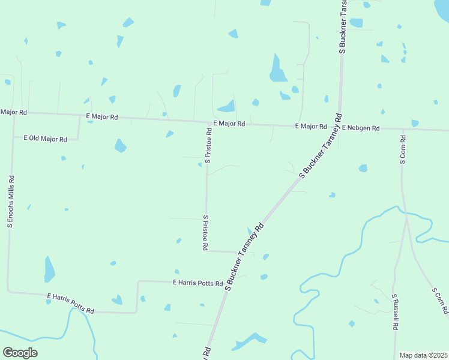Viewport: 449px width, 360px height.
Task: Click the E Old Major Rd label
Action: [45, 139]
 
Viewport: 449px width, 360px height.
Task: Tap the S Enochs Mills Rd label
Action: [10, 202]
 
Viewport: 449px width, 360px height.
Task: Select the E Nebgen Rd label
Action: [361, 128]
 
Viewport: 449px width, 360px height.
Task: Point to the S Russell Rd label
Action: [395, 312]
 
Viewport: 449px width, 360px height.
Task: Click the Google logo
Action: [20, 353]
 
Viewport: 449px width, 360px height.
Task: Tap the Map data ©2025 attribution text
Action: [423, 355]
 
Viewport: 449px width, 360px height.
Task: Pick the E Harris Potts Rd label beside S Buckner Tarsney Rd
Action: [197, 283]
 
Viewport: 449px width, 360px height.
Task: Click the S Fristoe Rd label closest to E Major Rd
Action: [208, 146]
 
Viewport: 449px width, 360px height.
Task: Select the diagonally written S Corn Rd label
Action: [440, 301]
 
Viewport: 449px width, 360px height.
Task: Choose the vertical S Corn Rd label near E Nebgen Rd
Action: [403, 149]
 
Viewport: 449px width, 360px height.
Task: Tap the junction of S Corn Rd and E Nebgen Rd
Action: [403, 129]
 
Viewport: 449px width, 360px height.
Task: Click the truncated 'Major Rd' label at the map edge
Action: [14, 112]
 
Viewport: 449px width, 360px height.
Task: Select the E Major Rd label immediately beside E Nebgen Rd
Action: [310, 127]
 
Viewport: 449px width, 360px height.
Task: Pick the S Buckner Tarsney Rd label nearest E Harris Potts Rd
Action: [244, 257]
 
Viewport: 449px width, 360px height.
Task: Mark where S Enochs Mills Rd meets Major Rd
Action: [13, 113]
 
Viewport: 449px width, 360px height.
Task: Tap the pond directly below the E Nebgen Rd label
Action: [363, 168]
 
